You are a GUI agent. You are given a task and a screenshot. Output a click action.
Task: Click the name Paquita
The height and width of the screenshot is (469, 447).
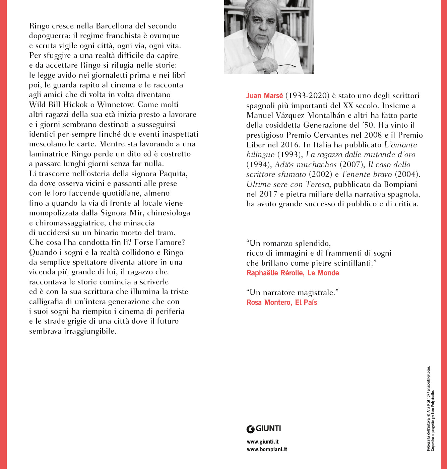tap(172, 174)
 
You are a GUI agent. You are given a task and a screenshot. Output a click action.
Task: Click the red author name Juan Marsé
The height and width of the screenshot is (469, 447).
tap(264, 96)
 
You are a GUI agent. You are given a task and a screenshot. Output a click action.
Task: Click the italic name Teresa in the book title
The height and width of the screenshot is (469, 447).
tap(317, 184)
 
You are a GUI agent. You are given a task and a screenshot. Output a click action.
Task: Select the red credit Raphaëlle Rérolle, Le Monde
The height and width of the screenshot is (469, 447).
tap(293, 273)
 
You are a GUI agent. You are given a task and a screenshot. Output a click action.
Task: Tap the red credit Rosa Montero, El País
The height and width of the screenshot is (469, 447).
tap(281, 303)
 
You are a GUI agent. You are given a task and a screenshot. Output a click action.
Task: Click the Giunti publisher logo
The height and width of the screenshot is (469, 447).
tap(264, 429)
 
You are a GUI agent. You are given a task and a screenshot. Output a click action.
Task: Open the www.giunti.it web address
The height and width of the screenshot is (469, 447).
tap(263, 442)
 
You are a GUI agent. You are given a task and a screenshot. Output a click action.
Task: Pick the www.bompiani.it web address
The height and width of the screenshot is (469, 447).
tap(267, 450)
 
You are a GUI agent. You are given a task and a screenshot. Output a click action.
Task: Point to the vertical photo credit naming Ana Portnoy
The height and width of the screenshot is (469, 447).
tap(428, 409)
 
